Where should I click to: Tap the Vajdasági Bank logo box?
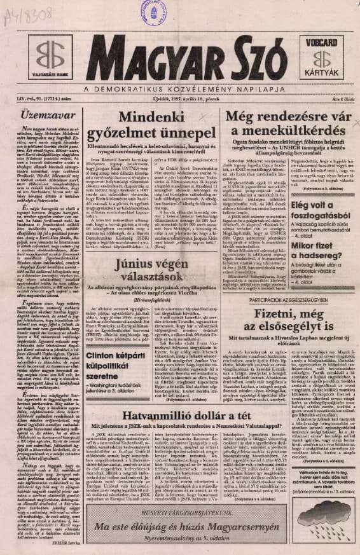[49, 56]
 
